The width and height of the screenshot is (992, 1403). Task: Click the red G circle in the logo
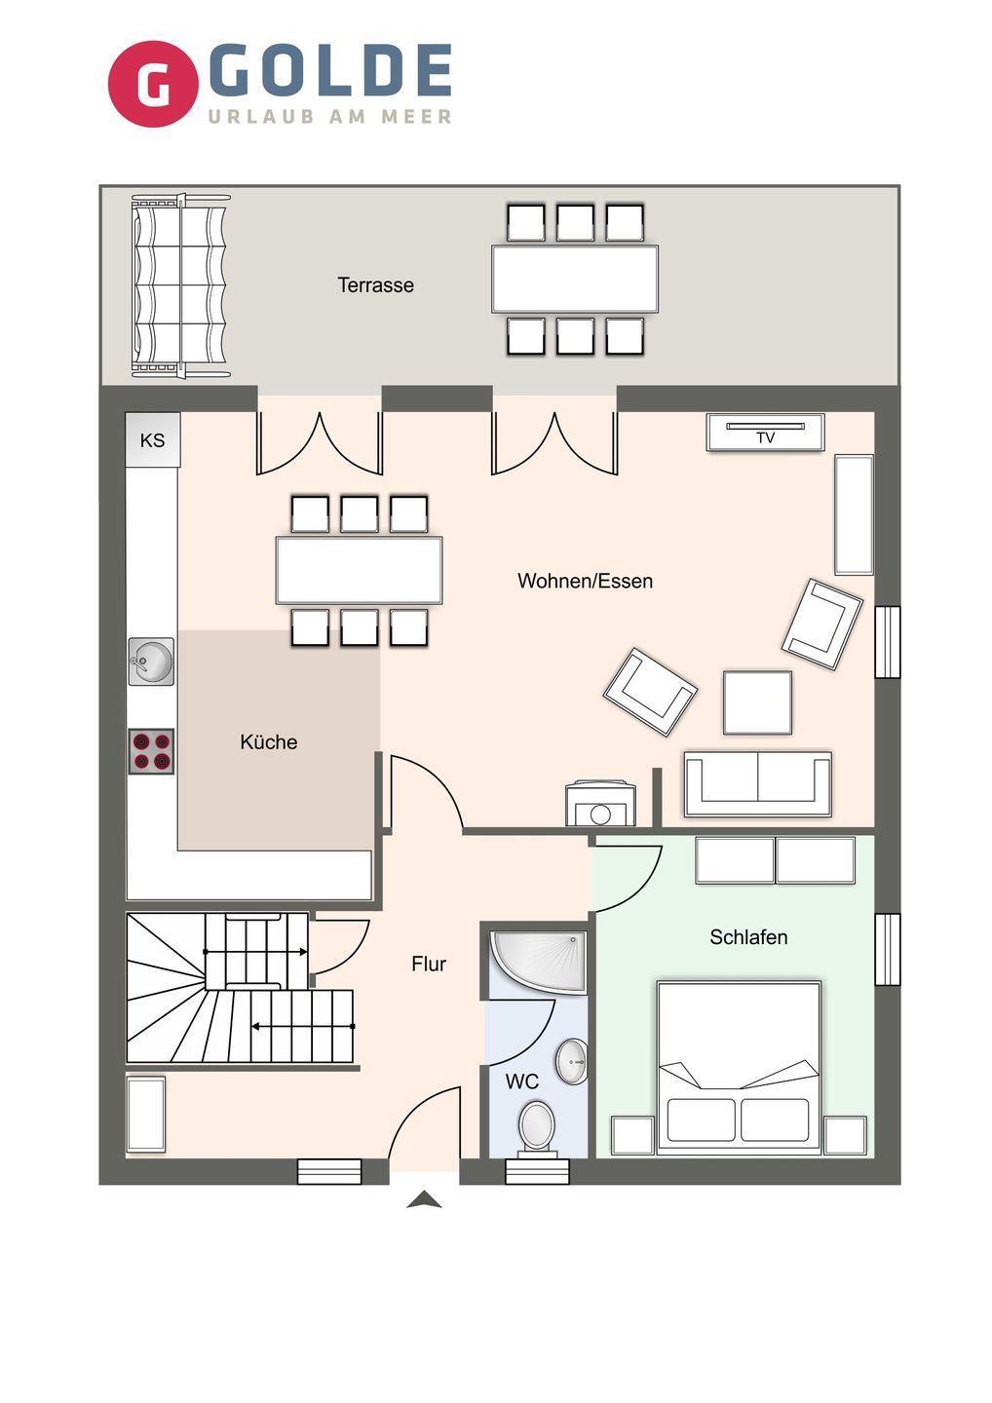[153, 84]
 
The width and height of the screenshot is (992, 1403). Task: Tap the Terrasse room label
[376, 285]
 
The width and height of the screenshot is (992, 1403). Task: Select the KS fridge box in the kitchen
[153, 439]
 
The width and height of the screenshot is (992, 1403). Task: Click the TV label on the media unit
[765, 437]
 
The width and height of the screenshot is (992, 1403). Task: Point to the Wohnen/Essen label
[585, 581]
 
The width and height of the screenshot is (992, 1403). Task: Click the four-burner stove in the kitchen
[151, 751]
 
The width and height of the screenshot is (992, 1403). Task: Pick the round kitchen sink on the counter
[151, 662]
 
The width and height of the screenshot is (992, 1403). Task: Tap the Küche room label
[269, 742]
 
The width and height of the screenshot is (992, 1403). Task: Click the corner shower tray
[539, 963]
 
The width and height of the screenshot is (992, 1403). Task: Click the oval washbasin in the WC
[571, 1062]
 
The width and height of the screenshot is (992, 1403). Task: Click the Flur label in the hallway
[429, 964]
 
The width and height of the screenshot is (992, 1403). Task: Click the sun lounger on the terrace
[179, 285]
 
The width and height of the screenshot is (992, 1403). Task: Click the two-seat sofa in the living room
[758, 783]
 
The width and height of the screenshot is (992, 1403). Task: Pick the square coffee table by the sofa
[757, 702]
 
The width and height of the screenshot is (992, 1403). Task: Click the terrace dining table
[575, 279]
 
